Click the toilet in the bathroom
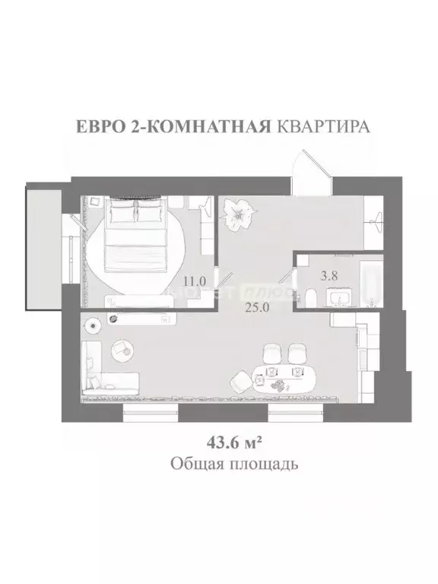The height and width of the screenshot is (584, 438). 315,297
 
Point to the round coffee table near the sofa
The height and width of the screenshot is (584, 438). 121,349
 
